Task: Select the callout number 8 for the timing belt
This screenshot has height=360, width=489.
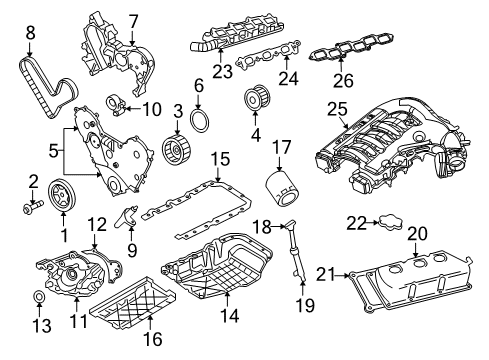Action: [x=29, y=33]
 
